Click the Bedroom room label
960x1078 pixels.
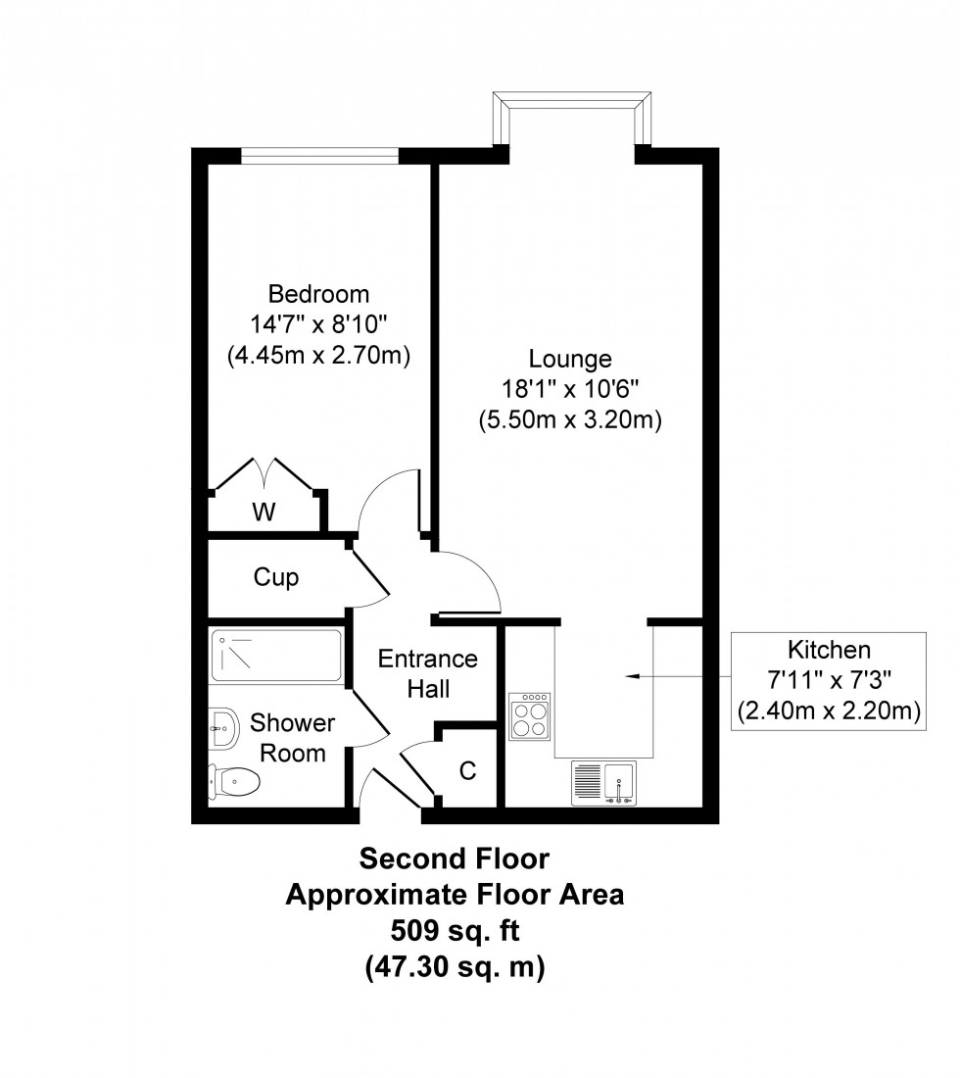[x=318, y=294]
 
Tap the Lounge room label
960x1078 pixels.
[x=570, y=359]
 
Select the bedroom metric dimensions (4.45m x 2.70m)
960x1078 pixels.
[x=318, y=356]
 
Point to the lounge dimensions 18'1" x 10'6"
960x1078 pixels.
[x=570, y=390]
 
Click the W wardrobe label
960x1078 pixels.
[x=263, y=512]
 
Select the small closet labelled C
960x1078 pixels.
[x=468, y=771]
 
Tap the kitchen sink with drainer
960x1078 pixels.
[x=604, y=784]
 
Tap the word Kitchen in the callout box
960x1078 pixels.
[x=829, y=649]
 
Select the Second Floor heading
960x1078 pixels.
[x=454, y=859]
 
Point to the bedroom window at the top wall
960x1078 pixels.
[x=319, y=155]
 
